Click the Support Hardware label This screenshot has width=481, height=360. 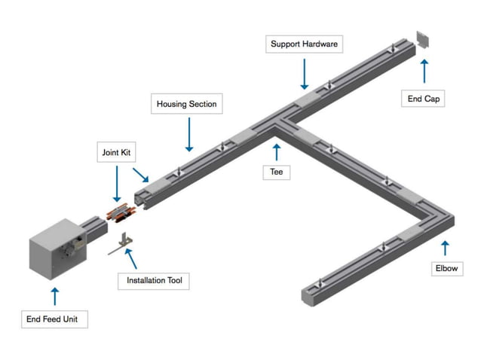click(305, 44)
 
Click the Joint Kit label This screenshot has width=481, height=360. click(116, 152)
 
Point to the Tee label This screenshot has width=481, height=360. click(277, 172)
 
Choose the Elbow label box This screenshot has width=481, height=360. click(446, 268)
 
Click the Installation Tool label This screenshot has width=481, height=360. click(154, 281)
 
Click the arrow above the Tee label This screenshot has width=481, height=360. click(277, 151)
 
